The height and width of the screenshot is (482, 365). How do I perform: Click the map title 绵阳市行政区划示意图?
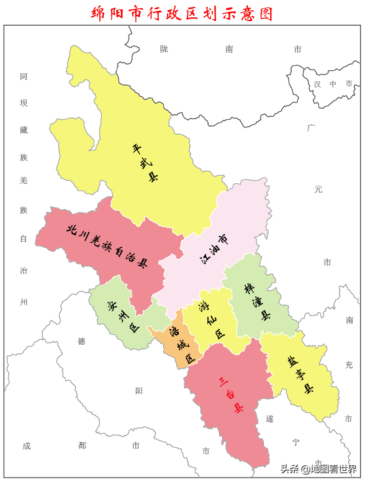point(182,13)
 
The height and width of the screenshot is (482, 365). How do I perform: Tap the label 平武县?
point(145,163)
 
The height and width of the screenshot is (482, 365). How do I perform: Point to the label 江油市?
point(214,248)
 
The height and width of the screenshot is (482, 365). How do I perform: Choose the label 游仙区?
point(211,319)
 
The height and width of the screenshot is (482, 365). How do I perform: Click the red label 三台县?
point(230,394)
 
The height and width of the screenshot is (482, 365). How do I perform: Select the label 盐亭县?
point(300,374)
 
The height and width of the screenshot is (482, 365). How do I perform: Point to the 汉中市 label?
point(333,84)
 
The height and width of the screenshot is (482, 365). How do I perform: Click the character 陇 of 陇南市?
point(164,49)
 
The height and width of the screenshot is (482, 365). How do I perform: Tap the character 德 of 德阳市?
point(81,341)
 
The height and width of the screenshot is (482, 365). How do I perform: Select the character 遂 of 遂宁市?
point(269,419)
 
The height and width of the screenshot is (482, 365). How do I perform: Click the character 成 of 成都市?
point(27,445)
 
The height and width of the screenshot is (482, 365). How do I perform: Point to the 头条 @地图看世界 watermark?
point(318,468)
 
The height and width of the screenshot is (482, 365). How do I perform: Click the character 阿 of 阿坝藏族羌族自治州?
point(24,77)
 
